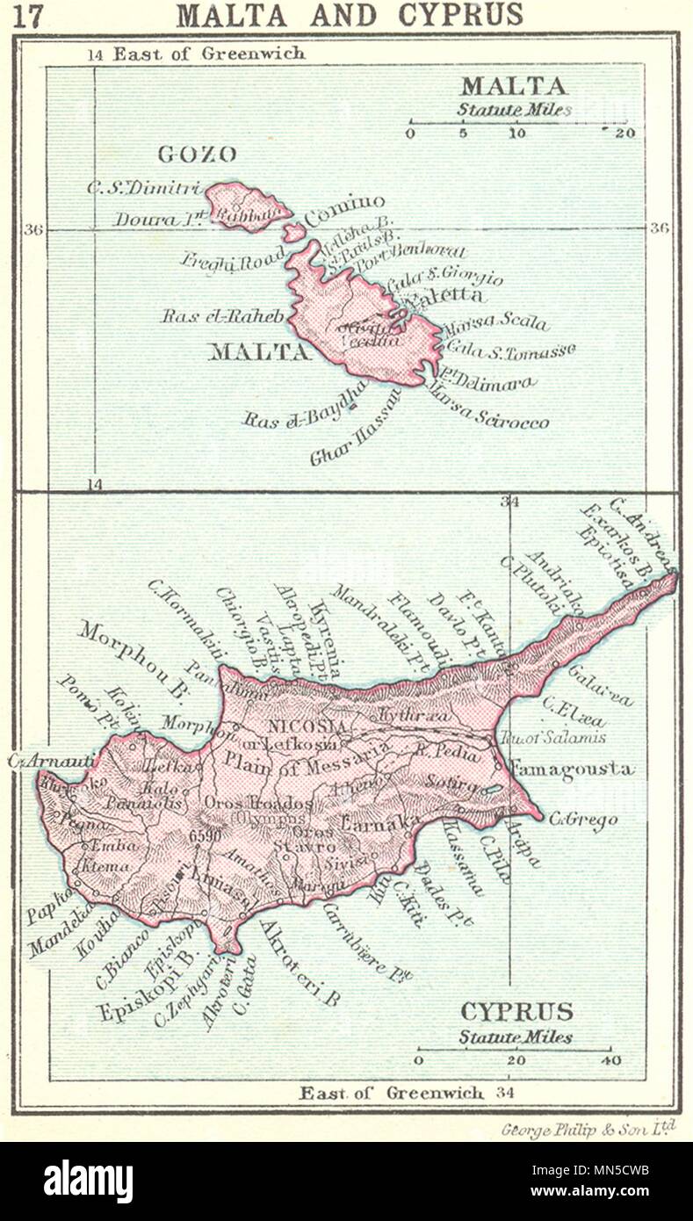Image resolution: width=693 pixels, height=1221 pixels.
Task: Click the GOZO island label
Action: click(197, 155)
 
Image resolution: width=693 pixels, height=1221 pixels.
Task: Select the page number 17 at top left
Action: click(28, 17)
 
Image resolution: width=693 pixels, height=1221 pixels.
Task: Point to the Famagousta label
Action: click(571, 769)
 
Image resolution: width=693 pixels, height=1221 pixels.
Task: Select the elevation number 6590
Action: click(205, 836)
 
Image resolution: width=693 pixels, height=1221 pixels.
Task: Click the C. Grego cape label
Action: click(583, 820)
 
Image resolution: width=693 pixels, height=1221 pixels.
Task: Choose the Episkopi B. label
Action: click(148, 999)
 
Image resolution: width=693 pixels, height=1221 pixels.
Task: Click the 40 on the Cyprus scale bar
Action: click(610, 1060)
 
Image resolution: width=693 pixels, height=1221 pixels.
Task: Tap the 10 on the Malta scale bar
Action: click(517, 133)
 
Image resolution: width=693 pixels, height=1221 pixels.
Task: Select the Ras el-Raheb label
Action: click(222, 316)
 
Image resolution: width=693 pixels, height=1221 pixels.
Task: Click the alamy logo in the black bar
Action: click(88, 1181)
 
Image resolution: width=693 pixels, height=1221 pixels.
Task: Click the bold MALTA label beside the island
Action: click(259, 352)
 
